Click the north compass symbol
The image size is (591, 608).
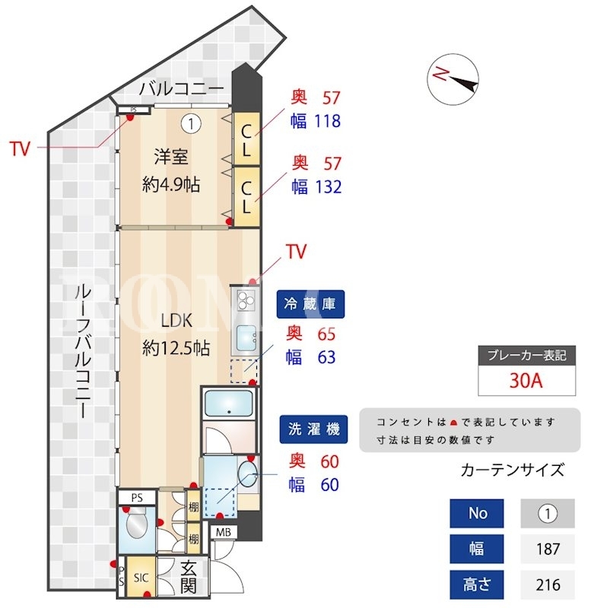pos(453,79)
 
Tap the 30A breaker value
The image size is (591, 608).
pos(526,381)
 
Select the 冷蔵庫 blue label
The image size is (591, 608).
pos(310,304)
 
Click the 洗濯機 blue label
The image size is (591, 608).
pos(313,429)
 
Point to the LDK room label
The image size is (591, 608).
pos(176,321)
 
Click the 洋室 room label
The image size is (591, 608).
pos(171,157)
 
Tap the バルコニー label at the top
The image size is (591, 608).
pos(182,89)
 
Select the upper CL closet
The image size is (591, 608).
pos(246,140)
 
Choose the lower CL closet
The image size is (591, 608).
pos(246,197)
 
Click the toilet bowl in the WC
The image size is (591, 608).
pos(137,524)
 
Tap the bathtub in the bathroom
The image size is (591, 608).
pos(228,404)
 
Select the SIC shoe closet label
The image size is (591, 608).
pos(141,578)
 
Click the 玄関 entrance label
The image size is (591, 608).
pos(189,577)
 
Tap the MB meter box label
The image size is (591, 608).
pos(224,532)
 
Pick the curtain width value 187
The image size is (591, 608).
pos(548,549)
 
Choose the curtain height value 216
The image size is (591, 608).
pos(548,584)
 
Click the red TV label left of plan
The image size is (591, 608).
pos(20,148)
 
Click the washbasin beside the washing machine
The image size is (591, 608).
pos(247,473)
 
